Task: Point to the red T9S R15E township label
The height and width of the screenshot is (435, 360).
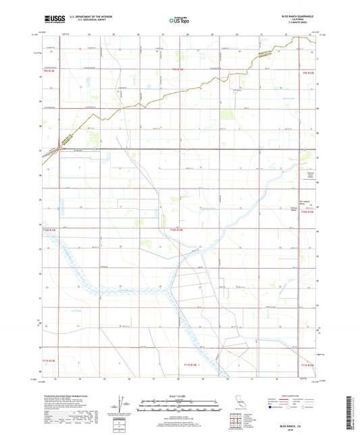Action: click(309, 70)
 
